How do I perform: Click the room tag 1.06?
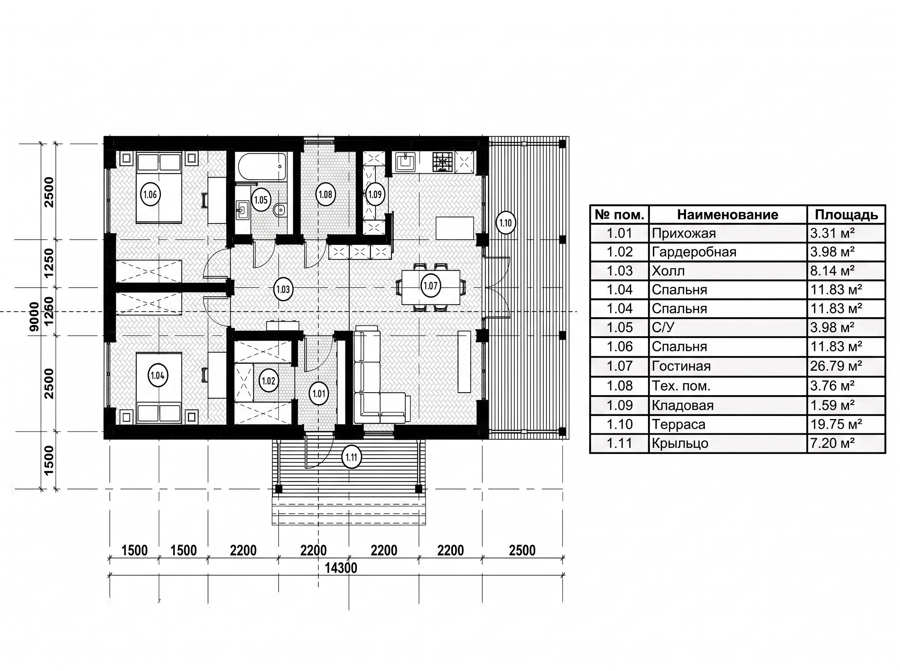coord(150,195)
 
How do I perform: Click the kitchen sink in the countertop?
coord(405,162)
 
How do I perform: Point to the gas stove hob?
coord(443,161)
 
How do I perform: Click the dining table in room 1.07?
coord(430,287)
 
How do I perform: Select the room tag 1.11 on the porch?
coord(351,457)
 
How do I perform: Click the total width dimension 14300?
coord(341,568)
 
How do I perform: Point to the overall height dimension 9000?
coord(35,316)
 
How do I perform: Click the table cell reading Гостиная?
coord(681,366)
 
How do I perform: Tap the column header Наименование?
coord(727,215)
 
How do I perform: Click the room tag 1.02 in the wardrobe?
coord(268,380)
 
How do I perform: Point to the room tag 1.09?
coord(375,194)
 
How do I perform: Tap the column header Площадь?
coord(846,215)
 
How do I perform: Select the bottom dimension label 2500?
coord(522,550)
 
